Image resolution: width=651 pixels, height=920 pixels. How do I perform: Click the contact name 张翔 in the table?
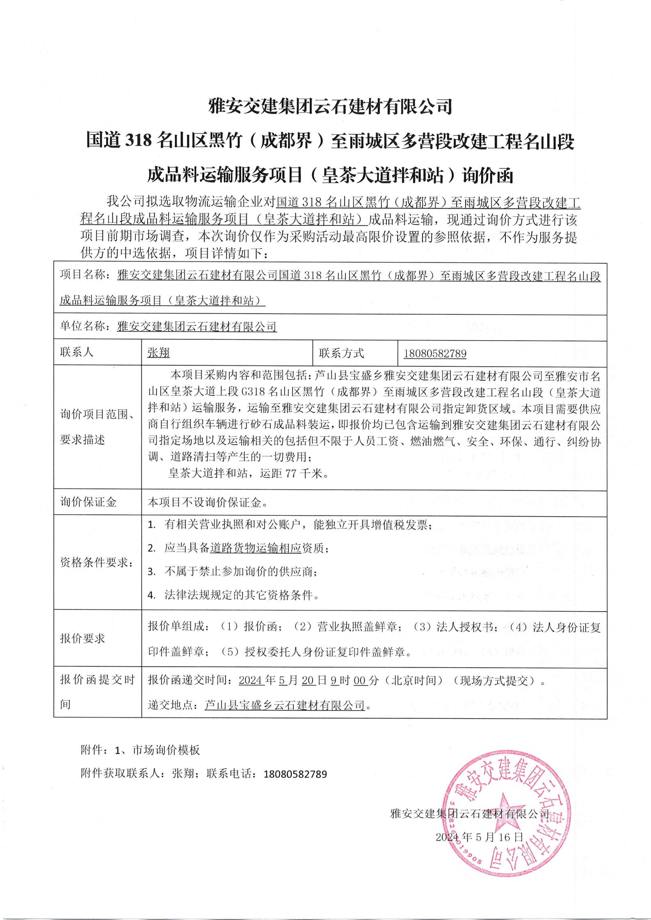coord(158,353)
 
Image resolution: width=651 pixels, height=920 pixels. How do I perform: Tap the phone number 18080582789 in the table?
coord(435,353)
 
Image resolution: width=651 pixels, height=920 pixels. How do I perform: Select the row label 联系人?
coord(77,352)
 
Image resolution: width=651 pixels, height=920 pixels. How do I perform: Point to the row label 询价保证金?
coord(88,502)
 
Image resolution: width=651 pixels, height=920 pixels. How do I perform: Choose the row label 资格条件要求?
coord(97,563)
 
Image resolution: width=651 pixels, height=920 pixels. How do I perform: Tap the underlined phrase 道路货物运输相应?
coord(256,548)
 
